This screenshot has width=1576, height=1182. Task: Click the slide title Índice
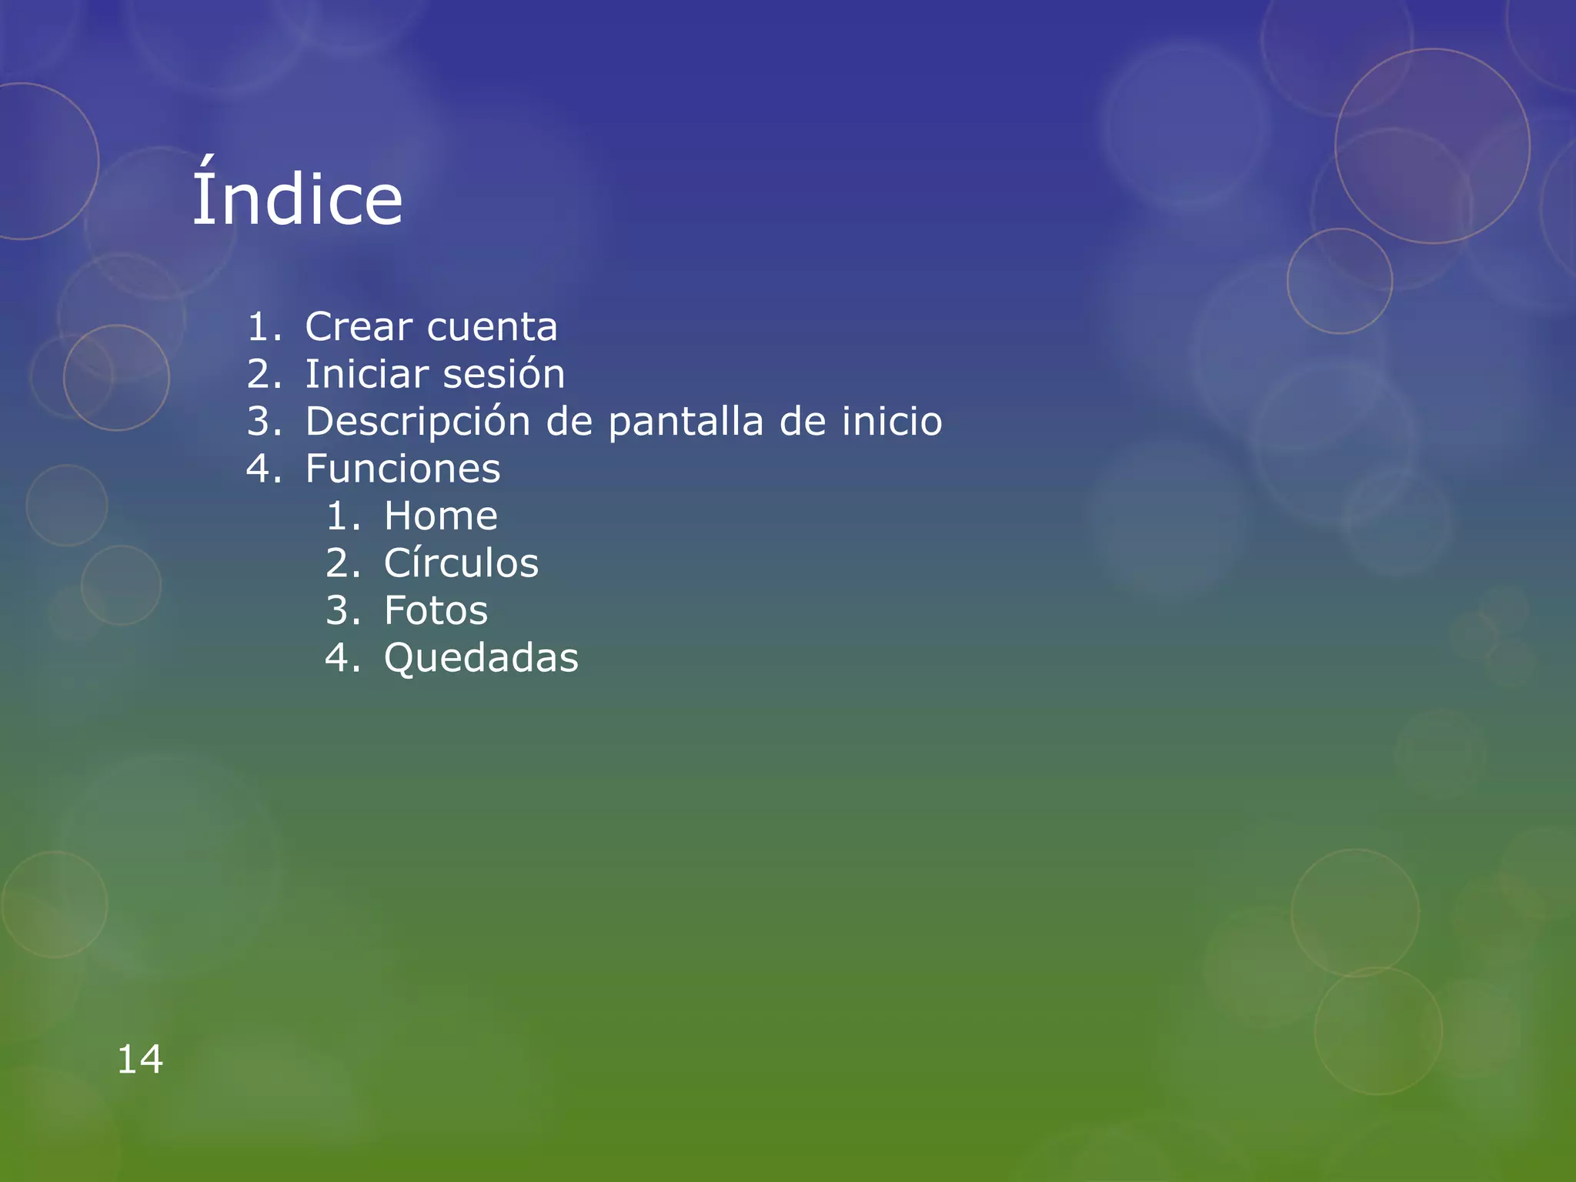point(297,199)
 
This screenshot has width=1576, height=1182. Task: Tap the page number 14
point(140,1060)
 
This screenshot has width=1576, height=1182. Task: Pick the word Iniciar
point(366,375)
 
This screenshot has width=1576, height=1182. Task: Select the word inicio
point(891,421)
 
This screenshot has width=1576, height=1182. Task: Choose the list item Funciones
point(402,469)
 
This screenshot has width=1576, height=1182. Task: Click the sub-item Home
point(440,516)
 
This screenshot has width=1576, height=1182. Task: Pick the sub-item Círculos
point(461,563)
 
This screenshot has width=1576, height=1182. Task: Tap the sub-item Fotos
point(436,611)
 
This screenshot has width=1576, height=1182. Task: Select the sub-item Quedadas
point(481,659)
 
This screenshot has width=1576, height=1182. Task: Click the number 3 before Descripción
point(259,422)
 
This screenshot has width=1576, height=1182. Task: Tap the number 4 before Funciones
point(259,469)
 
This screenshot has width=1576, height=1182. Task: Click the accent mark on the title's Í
point(205,163)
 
